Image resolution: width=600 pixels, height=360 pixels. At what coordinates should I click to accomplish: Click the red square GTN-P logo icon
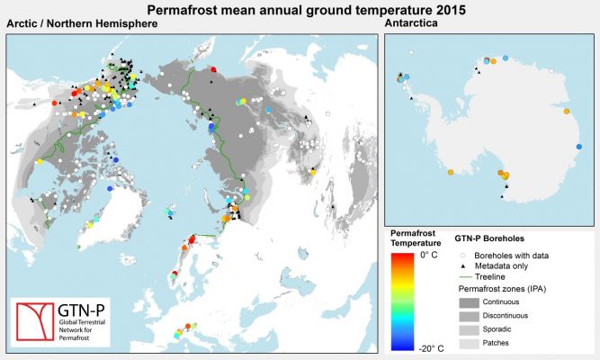[x=36, y=319]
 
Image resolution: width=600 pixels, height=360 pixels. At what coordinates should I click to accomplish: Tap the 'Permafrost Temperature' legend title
[x=415, y=238]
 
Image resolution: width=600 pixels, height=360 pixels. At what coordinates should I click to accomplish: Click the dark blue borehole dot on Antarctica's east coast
[x=579, y=146]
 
